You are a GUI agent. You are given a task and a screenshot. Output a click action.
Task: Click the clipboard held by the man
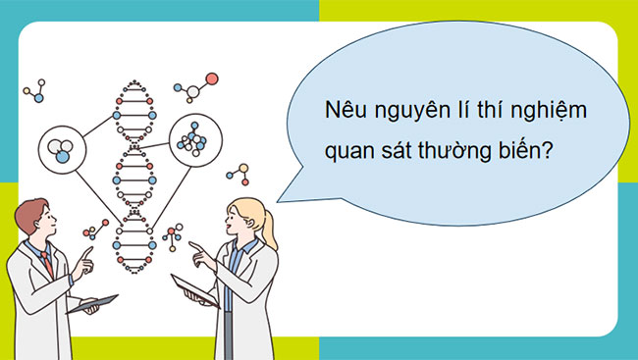pos(92,305)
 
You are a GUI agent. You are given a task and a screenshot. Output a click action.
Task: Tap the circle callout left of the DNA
pos(61,148)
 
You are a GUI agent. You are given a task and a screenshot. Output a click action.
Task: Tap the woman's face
pos(243,224)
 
